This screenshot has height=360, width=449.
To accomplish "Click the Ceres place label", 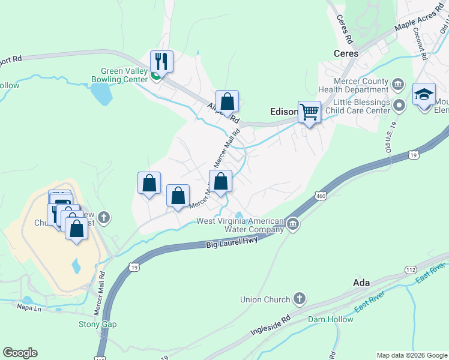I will (346, 53).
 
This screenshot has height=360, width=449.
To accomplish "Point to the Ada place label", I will (361, 282).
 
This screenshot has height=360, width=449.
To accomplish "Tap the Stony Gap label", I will (98, 324).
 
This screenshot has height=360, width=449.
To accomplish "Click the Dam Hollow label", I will (331, 319).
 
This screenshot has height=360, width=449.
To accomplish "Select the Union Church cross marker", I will (299, 299).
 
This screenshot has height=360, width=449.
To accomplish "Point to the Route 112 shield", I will (411, 270).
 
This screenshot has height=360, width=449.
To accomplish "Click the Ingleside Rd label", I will (270, 328).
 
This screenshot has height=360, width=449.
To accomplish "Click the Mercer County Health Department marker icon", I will (397, 82).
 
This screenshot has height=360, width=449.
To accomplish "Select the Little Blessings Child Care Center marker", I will (401, 106).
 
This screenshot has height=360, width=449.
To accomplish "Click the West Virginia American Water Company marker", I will (292, 224).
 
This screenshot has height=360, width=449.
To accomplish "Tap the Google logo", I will (20, 353).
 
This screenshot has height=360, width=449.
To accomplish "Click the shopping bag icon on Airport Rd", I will (228, 101).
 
